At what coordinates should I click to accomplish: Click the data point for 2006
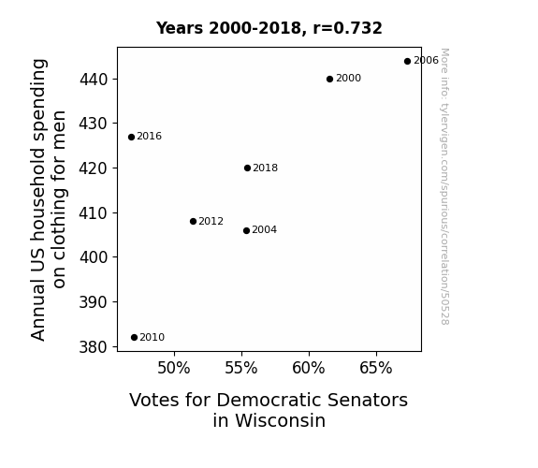407,62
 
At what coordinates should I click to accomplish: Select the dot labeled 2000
329,80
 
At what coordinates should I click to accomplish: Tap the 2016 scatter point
131,137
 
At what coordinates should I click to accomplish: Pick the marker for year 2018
247,168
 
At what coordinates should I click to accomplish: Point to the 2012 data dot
193,222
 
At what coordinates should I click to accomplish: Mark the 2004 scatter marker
246,231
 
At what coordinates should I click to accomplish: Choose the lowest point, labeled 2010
134,338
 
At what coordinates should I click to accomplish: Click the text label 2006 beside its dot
426,61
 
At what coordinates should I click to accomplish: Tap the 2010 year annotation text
153,337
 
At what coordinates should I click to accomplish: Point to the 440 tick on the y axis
94,80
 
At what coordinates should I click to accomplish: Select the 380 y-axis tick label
94,347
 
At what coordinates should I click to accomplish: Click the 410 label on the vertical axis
94,213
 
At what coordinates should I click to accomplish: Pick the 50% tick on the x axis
174,368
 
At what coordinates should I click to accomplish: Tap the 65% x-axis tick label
376,368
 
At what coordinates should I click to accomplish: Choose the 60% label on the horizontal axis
309,368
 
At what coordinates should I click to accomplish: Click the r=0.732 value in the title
347,28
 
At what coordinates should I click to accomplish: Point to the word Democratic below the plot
269,400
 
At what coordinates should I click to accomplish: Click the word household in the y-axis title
38,195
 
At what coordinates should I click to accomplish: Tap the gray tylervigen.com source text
444,186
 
